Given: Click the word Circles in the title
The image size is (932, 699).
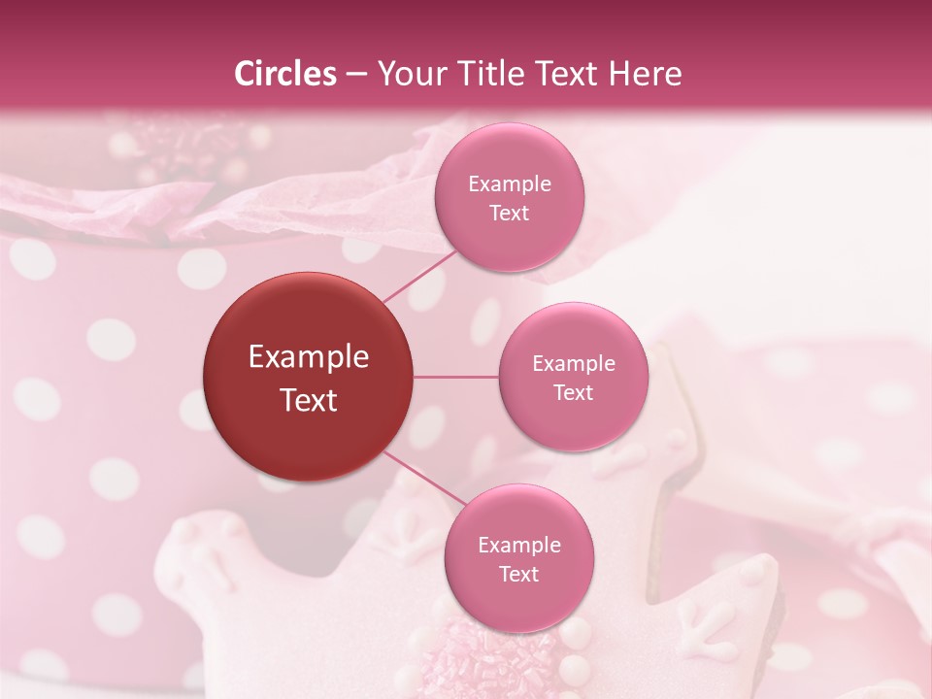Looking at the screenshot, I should coord(284,74).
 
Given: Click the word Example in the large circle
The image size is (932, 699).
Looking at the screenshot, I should coord(308,357).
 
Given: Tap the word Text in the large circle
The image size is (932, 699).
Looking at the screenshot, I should coord(308,400).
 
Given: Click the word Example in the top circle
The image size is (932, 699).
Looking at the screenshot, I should coord(510,184).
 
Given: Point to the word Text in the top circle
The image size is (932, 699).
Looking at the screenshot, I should coord(510,214).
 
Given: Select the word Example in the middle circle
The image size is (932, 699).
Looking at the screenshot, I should coord(573,364).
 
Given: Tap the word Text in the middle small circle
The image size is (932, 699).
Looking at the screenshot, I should coord(573,393).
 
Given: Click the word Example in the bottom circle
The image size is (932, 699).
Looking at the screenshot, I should coord(518,546).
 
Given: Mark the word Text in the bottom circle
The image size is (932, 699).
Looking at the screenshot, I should coord(518,575).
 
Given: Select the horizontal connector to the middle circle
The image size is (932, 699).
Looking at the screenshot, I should coord(456,377).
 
